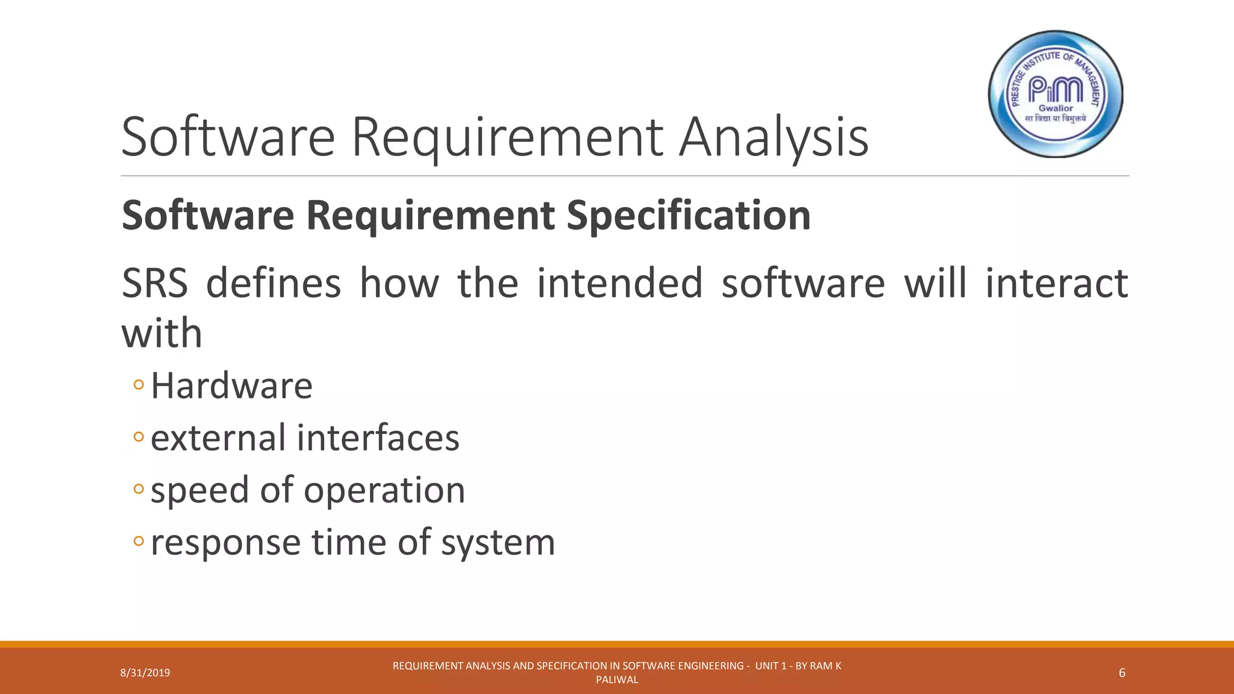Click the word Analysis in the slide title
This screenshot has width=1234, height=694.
[774, 137]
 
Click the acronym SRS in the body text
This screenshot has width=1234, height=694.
[155, 283]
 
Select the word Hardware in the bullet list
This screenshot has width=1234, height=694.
[231, 386]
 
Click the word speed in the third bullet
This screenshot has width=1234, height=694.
[199, 490]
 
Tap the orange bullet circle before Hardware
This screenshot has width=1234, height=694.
[139, 384]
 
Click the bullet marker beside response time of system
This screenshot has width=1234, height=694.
[139, 541]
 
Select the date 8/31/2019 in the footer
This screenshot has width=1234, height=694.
[145, 673]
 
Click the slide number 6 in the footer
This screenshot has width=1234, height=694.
[1121, 673]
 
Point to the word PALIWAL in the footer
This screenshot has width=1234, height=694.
[617, 680]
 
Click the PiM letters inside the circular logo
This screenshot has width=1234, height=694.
[1055, 90]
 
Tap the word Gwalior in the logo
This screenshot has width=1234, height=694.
[1056, 108]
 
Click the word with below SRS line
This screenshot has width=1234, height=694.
[161, 333]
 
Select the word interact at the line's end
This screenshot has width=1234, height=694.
[1056, 283]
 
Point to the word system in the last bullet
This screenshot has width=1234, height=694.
[498, 542]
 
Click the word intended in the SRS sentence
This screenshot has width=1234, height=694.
[619, 283]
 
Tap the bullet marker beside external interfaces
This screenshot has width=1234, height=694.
[139, 436]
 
